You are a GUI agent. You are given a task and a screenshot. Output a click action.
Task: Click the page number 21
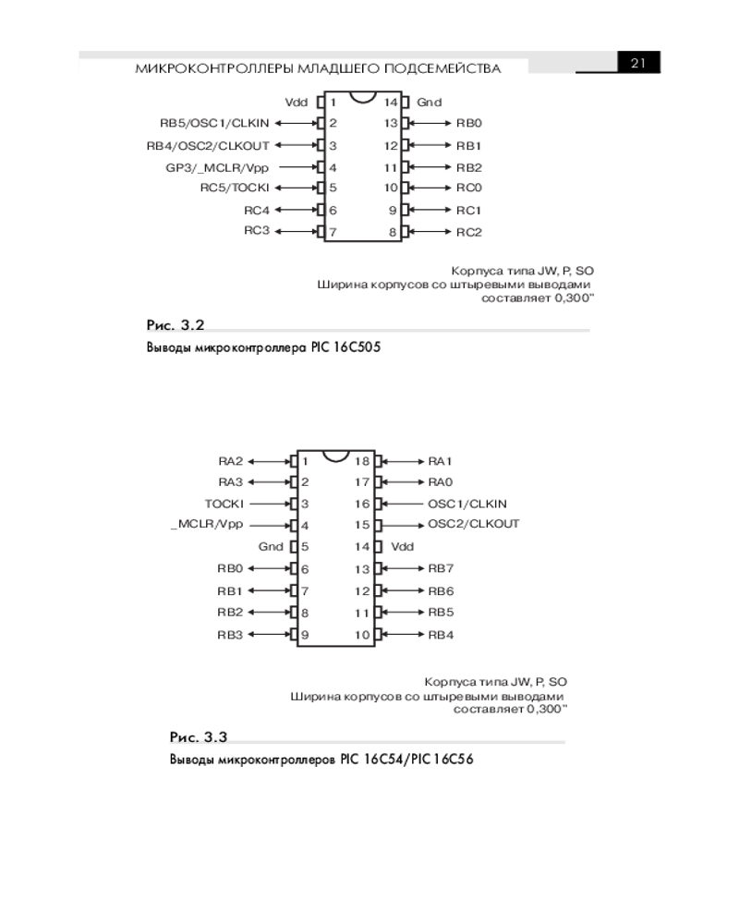[638, 63]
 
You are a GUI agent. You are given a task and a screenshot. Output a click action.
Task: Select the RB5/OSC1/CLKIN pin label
[214, 123]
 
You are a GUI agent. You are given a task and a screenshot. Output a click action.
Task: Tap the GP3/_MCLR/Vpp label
[217, 168]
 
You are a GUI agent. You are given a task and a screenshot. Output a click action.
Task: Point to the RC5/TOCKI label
[235, 188]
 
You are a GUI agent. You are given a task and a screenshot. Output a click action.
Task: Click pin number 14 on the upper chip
[391, 102]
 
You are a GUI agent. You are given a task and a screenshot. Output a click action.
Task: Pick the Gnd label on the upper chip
[429, 102]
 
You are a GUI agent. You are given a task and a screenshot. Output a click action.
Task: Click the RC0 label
[469, 188]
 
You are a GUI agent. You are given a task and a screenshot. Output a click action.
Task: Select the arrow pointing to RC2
[430, 232]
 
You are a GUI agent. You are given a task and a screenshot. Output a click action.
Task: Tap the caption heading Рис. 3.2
[175, 324]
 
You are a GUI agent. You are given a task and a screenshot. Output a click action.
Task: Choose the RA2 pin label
[230, 461]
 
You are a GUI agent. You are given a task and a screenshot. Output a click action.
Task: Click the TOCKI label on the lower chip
[224, 504]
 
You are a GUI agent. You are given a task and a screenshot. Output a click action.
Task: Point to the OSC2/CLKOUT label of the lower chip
[474, 524]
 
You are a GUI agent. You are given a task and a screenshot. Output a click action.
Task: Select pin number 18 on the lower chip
[362, 461]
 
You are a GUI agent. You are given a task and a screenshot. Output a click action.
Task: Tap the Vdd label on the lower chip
[403, 547]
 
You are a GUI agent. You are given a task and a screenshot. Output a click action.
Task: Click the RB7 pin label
[441, 568]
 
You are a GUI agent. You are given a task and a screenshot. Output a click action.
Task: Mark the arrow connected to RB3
[271, 635]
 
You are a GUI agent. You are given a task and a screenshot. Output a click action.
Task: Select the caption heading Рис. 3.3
[198, 736]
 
